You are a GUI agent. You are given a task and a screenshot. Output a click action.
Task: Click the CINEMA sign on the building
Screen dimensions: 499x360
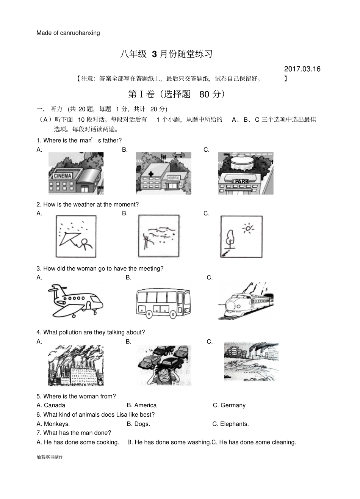coord(63,176)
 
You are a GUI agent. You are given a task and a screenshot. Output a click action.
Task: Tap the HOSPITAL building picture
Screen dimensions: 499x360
coord(163,174)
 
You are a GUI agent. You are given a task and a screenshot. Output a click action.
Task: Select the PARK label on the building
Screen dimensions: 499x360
coord(242,182)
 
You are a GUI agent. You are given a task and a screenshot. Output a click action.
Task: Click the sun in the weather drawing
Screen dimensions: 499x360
coord(249,228)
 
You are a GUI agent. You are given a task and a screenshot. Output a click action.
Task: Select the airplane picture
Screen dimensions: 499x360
coord(75,301)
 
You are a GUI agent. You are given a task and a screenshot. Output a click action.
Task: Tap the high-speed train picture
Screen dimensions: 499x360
coord(246,301)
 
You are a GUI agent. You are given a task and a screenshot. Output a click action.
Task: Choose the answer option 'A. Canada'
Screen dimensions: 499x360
coord(51,405)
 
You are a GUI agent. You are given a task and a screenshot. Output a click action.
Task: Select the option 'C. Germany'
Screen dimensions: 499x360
coord(229,405)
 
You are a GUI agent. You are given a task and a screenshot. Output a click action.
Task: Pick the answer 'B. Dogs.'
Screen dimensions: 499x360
coord(138,424)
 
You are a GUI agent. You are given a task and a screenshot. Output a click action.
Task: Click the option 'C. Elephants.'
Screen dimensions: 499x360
coord(230,424)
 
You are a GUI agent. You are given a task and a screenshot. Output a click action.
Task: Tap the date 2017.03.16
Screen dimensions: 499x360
coord(302,69)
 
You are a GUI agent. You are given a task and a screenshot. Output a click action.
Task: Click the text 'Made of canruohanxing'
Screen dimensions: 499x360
coord(68,33)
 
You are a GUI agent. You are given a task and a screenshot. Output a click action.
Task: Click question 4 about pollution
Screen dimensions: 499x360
coord(91,332)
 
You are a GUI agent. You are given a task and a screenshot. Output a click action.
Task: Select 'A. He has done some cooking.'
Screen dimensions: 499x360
coord(78,442)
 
